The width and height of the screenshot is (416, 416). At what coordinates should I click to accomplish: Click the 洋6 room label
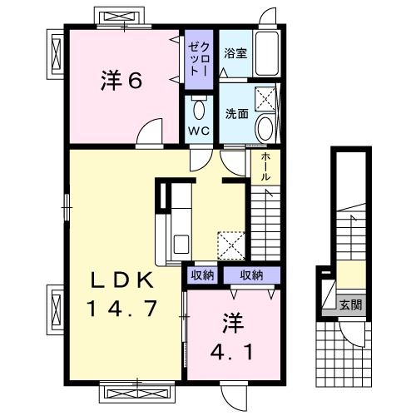122,82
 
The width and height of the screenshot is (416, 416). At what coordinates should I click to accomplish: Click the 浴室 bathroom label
235,52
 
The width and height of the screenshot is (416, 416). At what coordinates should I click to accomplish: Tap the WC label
197,131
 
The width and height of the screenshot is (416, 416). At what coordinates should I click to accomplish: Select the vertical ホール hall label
265,167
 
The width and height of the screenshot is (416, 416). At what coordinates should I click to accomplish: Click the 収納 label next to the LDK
201,275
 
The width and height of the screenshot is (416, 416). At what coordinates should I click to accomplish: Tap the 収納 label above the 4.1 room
252,275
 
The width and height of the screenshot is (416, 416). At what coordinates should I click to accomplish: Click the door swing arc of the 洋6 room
151,131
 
